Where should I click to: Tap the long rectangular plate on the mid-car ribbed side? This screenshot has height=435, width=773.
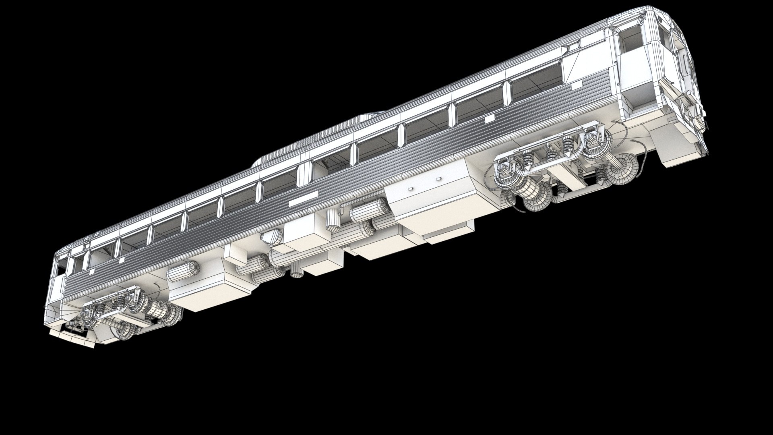(x=305, y=198)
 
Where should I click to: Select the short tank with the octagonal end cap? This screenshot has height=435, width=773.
(x=272, y=236)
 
